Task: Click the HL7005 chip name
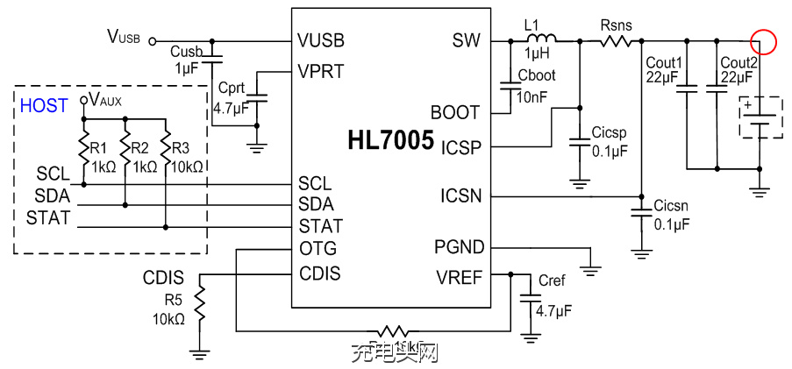pos(390,140)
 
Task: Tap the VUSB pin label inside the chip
pos(321,41)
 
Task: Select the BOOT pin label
pos(455,112)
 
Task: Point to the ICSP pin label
pos(461,146)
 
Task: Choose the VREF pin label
pos(460,278)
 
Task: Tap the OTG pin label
pos(317,248)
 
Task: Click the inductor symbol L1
pos(541,40)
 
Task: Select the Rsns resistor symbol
pos(617,40)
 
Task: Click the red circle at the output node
pos(763,40)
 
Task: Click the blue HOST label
pos(44,106)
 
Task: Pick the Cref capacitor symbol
pos(528,300)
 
